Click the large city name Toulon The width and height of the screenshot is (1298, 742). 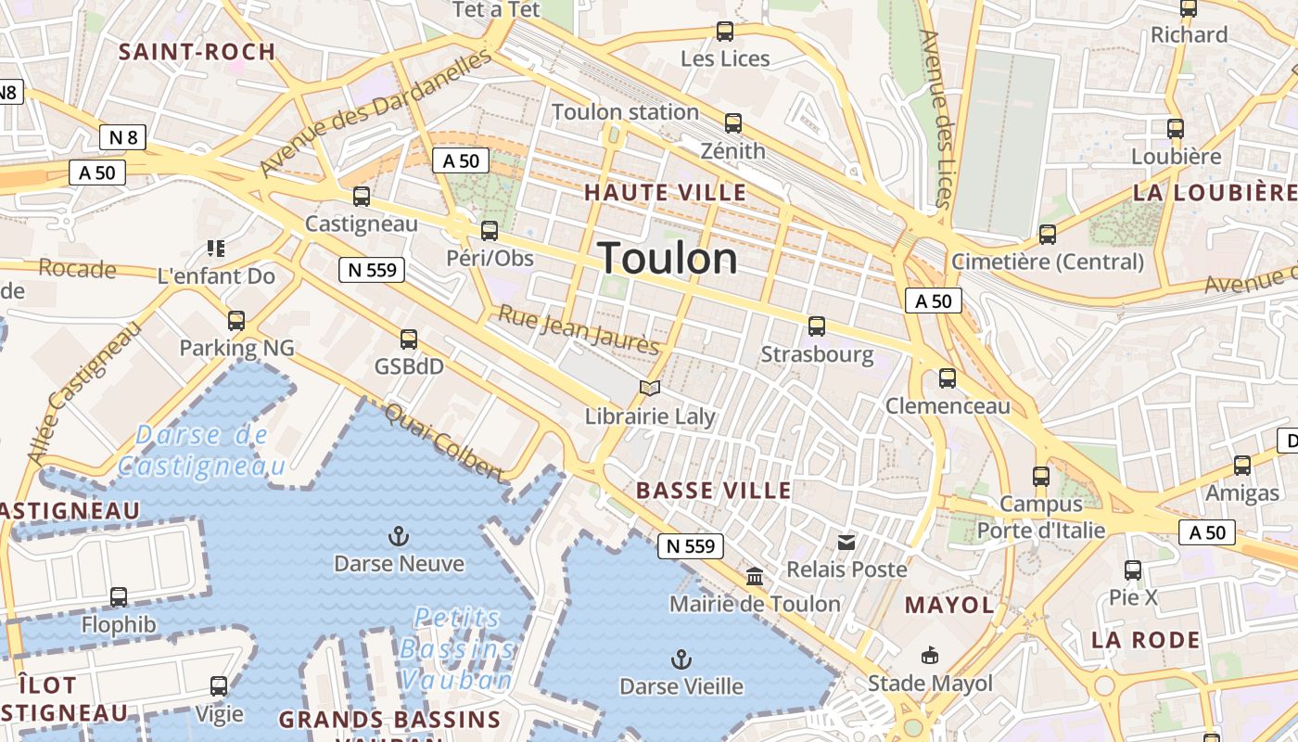tap(668, 258)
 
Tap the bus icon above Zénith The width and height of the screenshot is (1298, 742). tap(733, 122)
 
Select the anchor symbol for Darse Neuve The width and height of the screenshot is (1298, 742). tap(398, 536)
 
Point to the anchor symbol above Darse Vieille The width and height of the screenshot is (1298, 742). tap(681, 659)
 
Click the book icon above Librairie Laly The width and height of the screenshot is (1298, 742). tap(650, 389)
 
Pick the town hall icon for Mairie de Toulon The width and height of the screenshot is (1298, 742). tap(755, 577)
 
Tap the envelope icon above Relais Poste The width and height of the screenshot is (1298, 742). tap(846, 542)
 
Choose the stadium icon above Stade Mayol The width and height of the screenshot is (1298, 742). tap(929, 656)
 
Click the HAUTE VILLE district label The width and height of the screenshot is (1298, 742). tap(665, 193)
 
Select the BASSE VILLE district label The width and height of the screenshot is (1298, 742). tap(714, 491)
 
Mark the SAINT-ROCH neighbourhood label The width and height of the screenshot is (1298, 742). tap(197, 52)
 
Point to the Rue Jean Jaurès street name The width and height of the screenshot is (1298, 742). tap(579, 329)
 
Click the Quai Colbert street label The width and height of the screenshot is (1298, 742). tap(444, 442)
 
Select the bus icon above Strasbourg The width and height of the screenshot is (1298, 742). tap(816, 326)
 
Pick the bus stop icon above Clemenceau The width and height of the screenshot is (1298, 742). tap(947, 377)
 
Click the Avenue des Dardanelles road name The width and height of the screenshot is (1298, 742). tap(375, 113)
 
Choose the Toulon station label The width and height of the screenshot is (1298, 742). tap(625, 112)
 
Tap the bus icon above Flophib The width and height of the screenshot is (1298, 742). tap(119, 596)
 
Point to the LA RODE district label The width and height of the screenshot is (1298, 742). tap(1145, 640)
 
